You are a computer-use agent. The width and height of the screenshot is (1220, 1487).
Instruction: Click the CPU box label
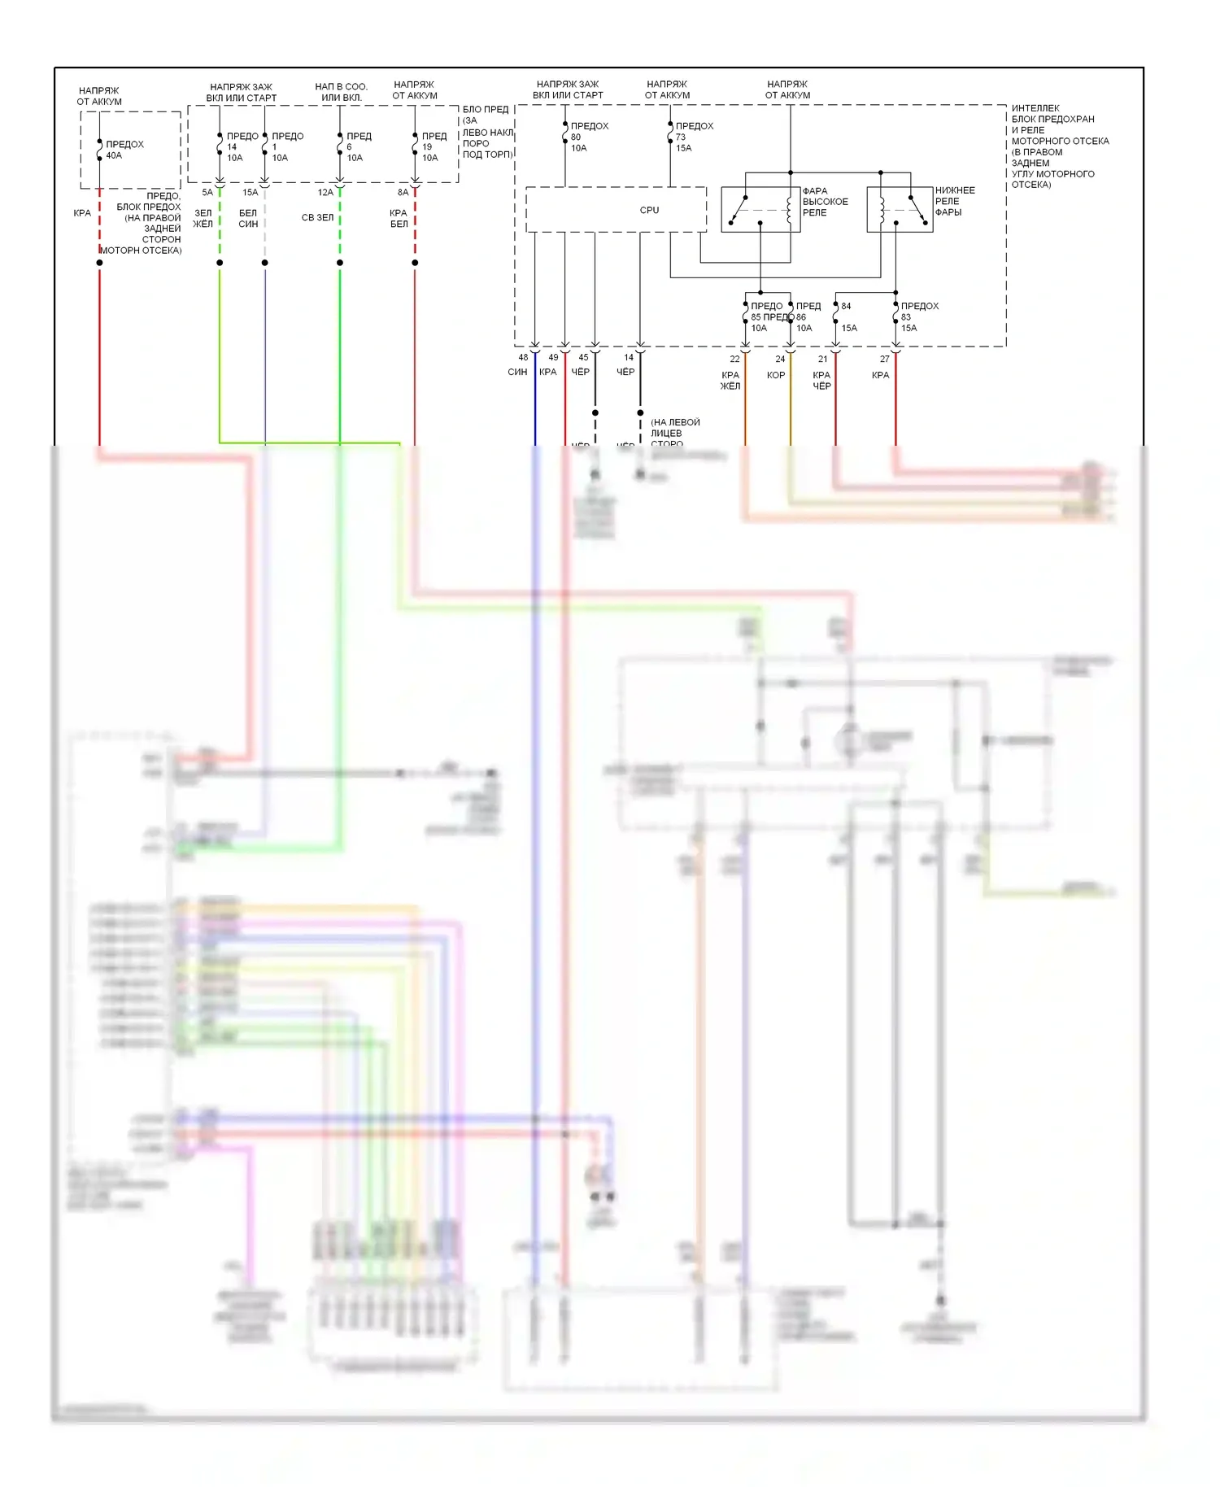tap(649, 210)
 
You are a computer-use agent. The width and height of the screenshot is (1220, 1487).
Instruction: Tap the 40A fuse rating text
tap(114, 155)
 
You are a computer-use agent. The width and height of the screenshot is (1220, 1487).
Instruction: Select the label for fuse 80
tap(589, 137)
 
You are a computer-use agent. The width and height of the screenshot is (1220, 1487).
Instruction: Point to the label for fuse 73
tap(694, 137)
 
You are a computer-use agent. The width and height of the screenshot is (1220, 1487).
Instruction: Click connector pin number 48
tap(523, 357)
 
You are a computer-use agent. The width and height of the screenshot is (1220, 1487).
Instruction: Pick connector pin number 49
tap(553, 357)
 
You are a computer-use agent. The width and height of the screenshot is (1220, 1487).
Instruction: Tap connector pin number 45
tap(583, 357)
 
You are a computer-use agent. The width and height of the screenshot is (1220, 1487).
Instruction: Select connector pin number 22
tap(734, 359)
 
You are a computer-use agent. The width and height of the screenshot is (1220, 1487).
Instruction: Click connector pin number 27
tap(884, 359)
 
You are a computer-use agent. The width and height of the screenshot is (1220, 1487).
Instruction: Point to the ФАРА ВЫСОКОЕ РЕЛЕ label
tap(825, 202)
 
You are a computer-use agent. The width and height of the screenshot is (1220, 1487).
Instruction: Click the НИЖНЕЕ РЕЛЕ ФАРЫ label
tap(954, 201)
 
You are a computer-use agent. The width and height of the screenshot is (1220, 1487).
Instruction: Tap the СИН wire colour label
tap(517, 372)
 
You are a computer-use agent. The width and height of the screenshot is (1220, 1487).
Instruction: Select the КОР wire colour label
tap(776, 375)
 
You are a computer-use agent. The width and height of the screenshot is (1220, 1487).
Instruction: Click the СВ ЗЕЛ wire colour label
tap(317, 217)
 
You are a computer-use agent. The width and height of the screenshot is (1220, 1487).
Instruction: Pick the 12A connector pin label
tap(325, 193)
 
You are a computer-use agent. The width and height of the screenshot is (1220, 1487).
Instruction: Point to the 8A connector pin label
tap(403, 193)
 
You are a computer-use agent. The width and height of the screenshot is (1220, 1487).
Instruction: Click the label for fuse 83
tap(919, 316)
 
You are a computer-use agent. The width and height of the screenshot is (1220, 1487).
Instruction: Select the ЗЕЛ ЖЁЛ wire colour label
tap(203, 218)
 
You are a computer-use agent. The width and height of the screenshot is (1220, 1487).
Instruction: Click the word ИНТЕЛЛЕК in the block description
tap(1035, 108)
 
